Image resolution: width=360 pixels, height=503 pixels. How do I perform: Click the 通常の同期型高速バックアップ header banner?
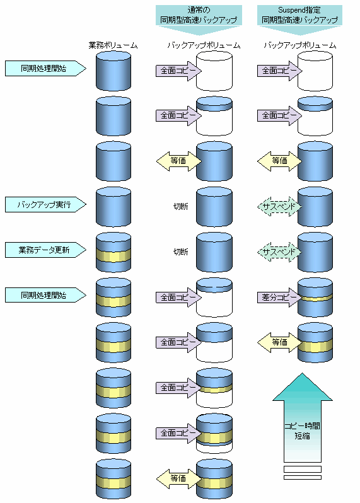(x=199, y=19)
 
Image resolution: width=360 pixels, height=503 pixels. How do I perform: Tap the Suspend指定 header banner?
(x=299, y=19)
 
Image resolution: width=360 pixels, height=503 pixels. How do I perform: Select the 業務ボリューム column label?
(x=113, y=45)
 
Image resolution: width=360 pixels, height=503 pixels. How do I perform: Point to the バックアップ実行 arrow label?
(x=45, y=205)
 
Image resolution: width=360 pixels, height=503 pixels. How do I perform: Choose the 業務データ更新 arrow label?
(x=45, y=250)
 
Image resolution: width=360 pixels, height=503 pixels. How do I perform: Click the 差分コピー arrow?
(x=279, y=298)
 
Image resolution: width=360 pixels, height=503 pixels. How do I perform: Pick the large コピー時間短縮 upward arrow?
(x=302, y=417)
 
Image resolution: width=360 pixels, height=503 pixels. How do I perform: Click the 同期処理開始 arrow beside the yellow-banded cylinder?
(x=45, y=295)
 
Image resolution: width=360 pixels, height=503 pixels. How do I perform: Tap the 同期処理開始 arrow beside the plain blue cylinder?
(x=45, y=68)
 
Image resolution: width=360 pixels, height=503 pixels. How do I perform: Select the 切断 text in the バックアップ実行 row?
(x=181, y=207)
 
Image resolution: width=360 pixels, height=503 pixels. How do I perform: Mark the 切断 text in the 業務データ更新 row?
(x=181, y=252)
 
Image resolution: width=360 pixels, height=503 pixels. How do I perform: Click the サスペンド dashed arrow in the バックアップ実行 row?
(x=279, y=207)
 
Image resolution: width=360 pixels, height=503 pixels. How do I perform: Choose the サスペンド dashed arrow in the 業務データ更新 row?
(x=279, y=252)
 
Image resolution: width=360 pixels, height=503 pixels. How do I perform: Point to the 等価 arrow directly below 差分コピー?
(x=279, y=342)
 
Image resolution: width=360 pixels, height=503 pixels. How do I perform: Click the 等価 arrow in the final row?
(x=178, y=478)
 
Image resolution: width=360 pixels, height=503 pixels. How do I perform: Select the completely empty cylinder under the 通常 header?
(x=214, y=71)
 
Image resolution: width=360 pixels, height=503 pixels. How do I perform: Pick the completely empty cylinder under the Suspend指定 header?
(x=315, y=71)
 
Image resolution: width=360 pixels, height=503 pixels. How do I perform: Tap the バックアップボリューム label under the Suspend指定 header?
(x=299, y=45)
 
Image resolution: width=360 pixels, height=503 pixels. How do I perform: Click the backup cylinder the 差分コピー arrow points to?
(x=315, y=298)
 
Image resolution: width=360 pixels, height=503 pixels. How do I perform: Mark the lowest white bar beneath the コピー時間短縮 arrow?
(x=302, y=477)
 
